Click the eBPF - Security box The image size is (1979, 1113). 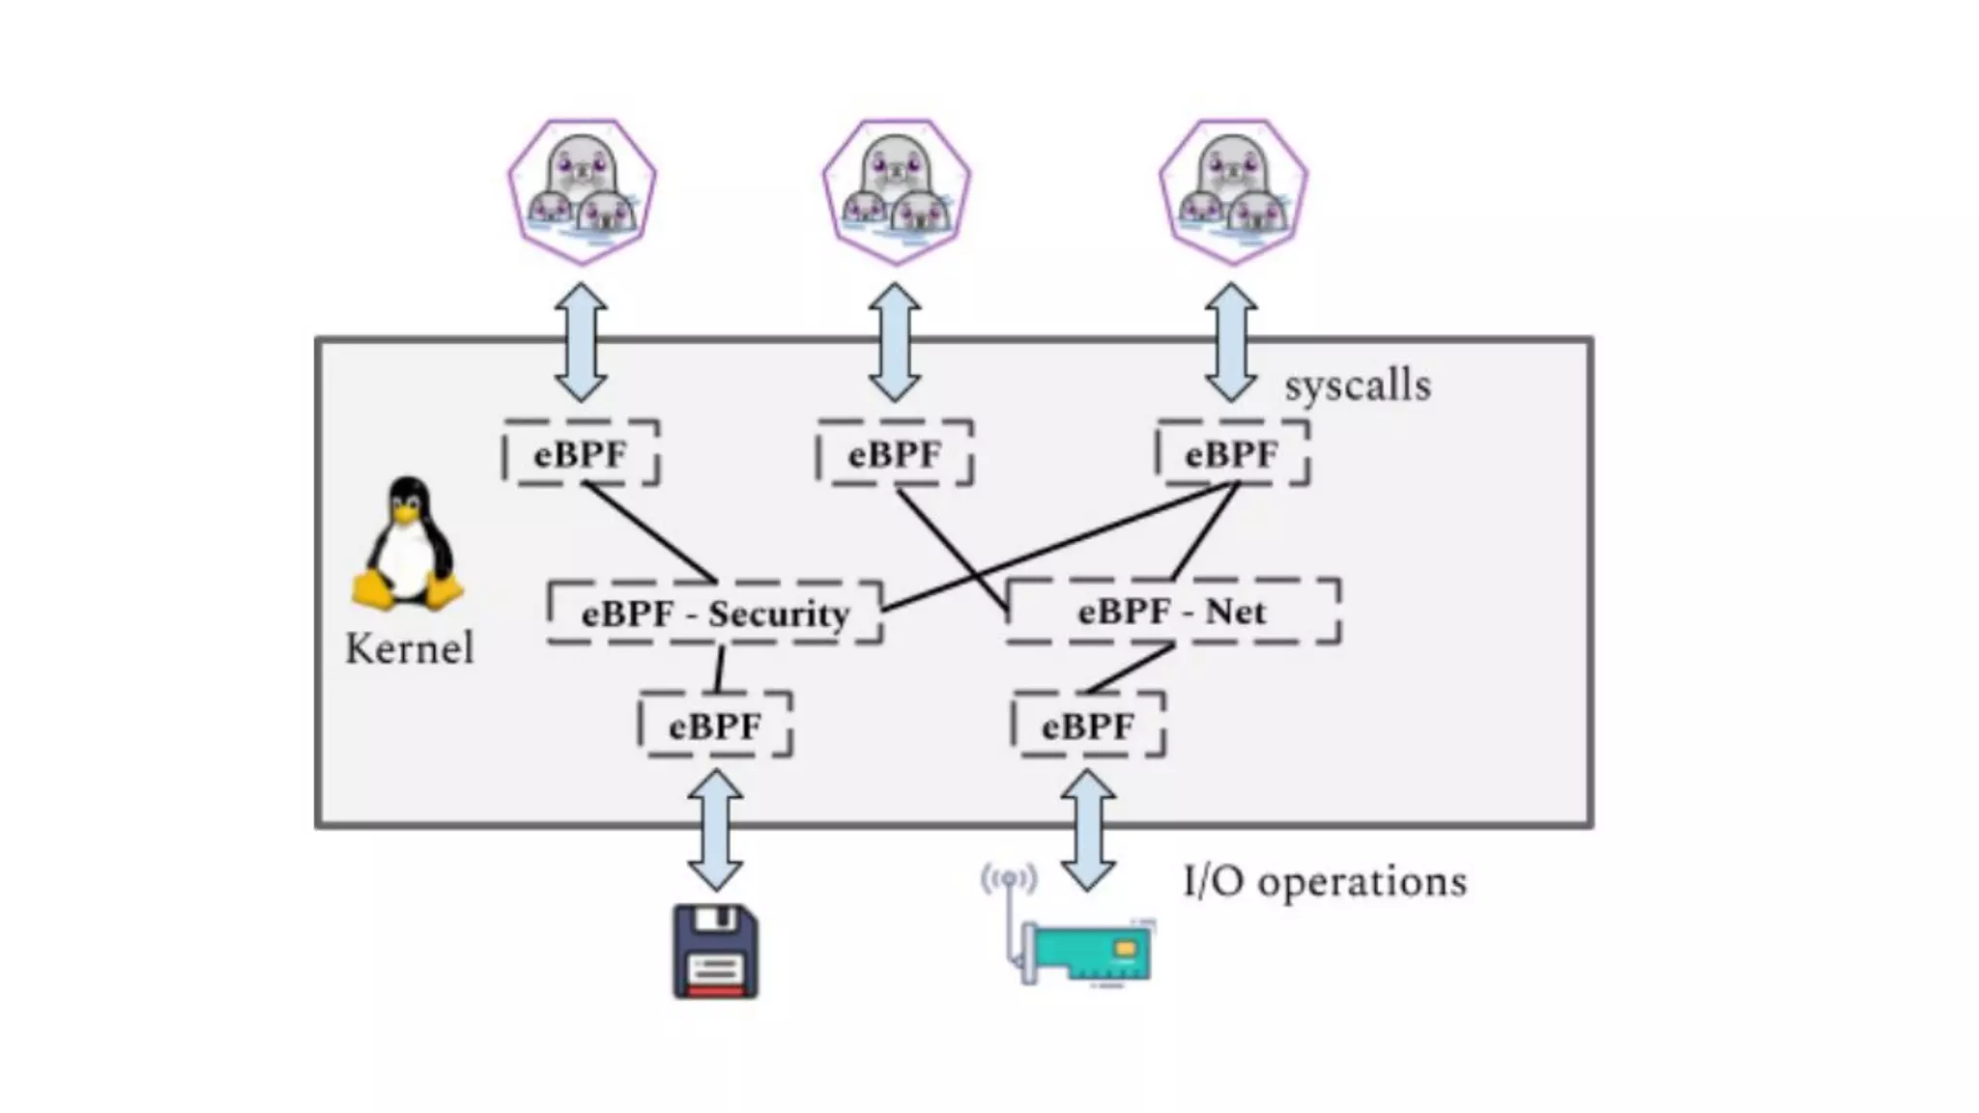[x=715, y=613]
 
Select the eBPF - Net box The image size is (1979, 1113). [x=1172, y=611]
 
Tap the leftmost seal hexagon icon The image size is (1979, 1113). [x=582, y=191]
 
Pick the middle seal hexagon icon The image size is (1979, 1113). [x=896, y=191]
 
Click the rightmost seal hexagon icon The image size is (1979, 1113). [x=1233, y=191]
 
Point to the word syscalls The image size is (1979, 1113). [x=1357, y=385]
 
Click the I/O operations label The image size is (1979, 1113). [x=1324, y=881]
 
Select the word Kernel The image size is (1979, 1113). [x=410, y=648]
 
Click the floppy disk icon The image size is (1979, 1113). [x=715, y=952]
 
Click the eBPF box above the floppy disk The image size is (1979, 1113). [x=715, y=725]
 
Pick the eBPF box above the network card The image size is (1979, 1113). [x=1088, y=725]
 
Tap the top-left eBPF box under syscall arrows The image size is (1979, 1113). [x=581, y=453]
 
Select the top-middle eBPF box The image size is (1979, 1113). [x=895, y=453]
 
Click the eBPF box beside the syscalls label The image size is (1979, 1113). [x=1232, y=453]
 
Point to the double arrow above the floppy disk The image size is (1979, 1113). [x=715, y=830]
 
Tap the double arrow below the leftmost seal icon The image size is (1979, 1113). [x=582, y=342]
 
